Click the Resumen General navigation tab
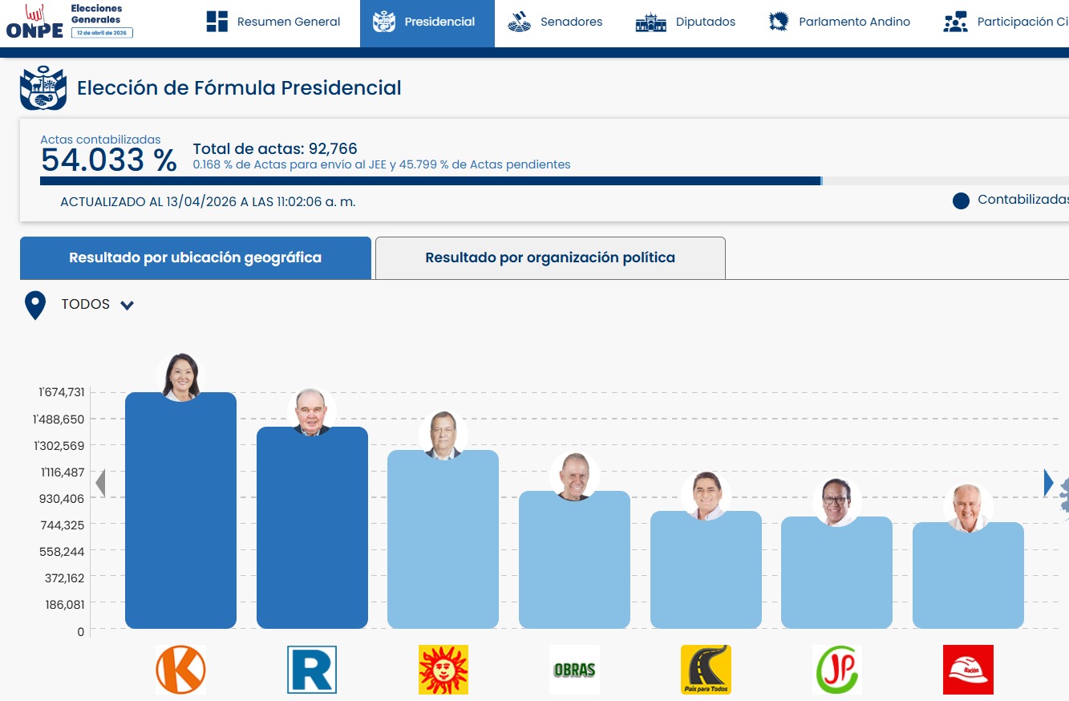pos(273,22)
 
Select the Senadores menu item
pos(554,22)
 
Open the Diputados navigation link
pos(686,22)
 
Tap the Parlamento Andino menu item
pos(840,22)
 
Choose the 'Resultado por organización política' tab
pos(550,257)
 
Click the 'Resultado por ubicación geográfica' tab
pos(195,257)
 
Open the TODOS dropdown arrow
pos(127,305)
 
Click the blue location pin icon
pos(34,305)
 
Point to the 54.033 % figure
pos(109,160)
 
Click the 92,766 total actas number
pos(333,149)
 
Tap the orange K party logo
pos(181,669)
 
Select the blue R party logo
pos(312,669)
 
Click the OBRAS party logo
pos(574,670)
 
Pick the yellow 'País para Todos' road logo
pos(706,669)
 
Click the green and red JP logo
pos(837,669)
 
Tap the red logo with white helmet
pos(968,669)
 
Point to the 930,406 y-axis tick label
pos(62,499)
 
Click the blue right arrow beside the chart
pos(1048,483)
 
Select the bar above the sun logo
pos(443,539)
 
